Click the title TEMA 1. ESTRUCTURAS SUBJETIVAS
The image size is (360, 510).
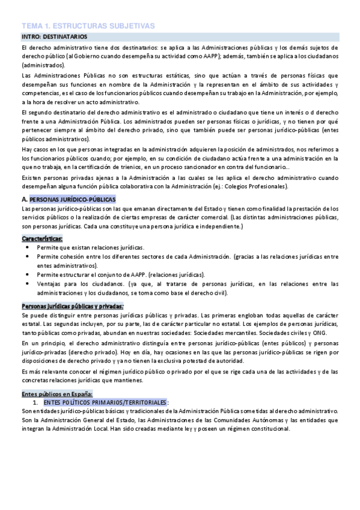pyautogui.click(x=88, y=26)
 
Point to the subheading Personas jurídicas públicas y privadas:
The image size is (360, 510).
pyautogui.click(x=72, y=306)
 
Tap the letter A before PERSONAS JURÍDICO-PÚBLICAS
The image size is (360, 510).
pyautogui.click(x=24, y=199)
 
